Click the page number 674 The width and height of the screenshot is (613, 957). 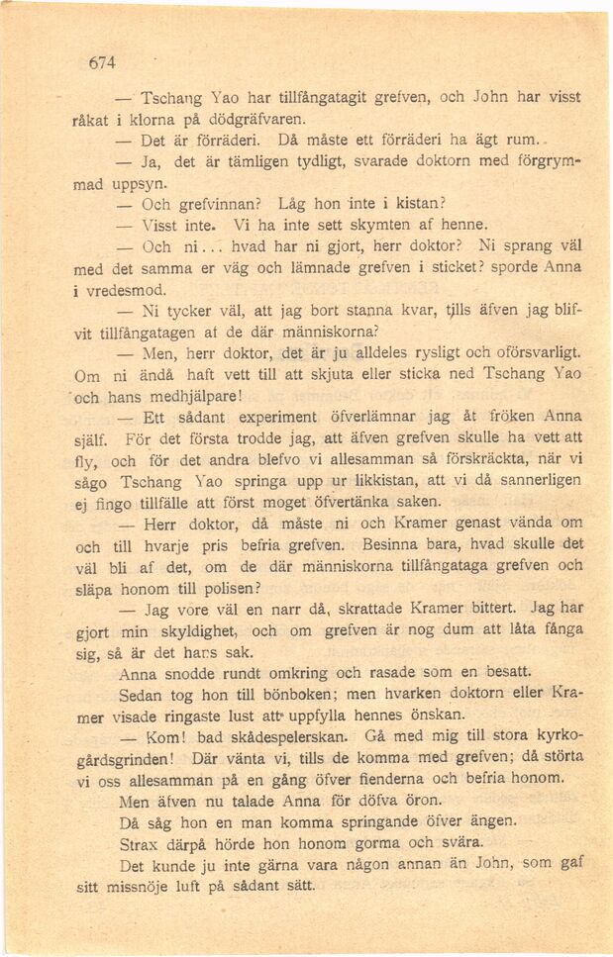(103, 63)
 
